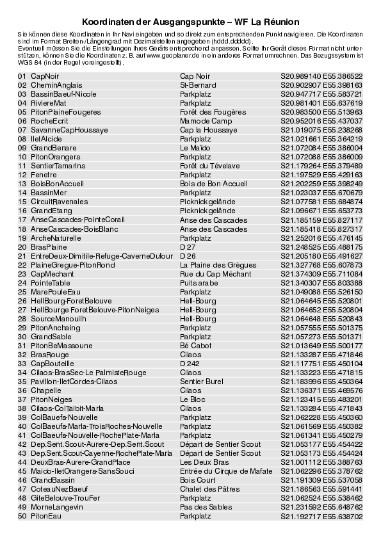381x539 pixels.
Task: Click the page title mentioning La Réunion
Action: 190,22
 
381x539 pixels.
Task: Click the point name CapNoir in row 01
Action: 45,76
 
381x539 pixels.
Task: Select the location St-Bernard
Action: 198,84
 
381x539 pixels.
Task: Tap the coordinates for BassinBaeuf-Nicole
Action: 321,93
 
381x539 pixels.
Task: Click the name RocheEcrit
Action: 49,120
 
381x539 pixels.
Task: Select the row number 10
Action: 22,156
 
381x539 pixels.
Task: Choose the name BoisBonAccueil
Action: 57,183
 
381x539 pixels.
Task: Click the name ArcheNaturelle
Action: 56,237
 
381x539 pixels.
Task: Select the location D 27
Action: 188,246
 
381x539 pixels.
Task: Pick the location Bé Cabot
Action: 195,345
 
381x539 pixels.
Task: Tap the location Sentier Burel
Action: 202,381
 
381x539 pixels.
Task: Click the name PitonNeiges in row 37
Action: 51,399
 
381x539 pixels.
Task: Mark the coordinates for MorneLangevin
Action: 321,506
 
